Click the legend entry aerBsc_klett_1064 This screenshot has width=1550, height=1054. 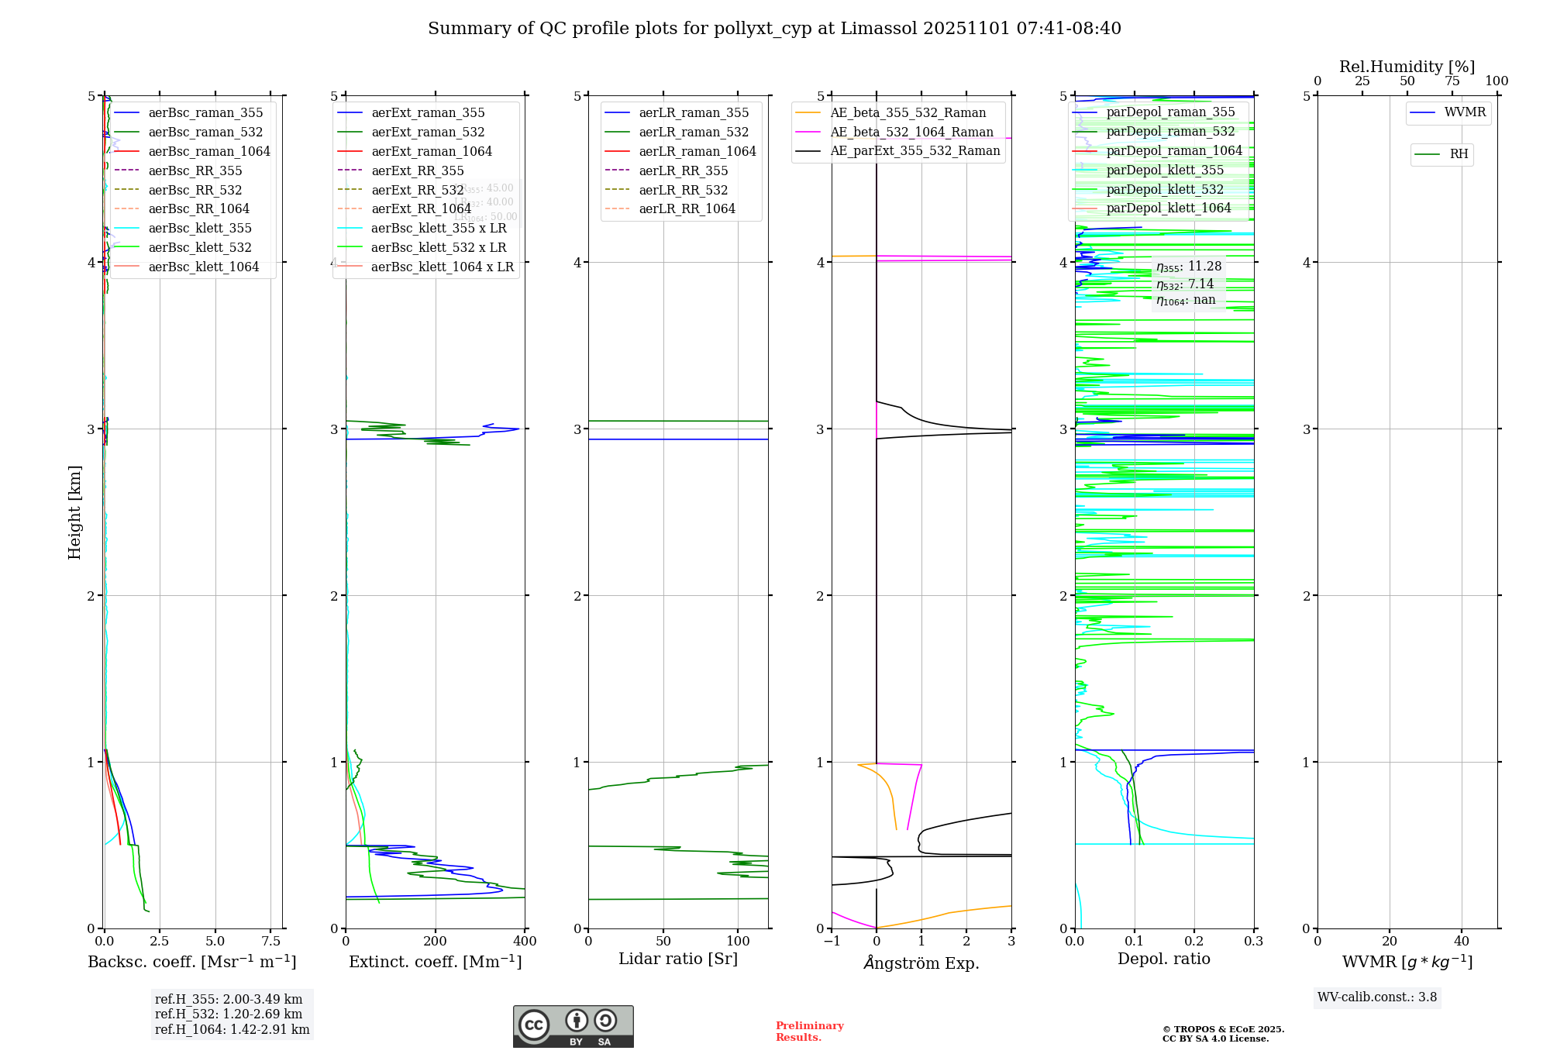pos(203,267)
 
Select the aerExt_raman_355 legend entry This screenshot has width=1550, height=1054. pos(428,112)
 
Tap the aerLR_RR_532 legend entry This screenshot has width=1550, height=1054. pos(683,190)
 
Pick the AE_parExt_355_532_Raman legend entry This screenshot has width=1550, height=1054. pos(914,150)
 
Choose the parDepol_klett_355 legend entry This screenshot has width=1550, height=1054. pos(1164,170)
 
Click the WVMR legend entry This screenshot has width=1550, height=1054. pos(1464,112)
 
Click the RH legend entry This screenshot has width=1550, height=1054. pos(1458,154)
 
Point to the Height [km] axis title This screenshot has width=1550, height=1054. pos(74,512)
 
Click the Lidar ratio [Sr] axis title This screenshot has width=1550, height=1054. pos(677,959)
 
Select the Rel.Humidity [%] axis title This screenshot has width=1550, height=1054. pos(1407,67)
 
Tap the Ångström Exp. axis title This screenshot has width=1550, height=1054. pos(921,963)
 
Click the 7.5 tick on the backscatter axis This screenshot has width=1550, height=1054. pos(270,941)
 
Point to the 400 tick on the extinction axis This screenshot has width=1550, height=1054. pos(525,941)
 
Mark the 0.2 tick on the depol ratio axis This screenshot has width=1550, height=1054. pos(1194,941)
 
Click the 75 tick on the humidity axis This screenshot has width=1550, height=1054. pos(1452,81)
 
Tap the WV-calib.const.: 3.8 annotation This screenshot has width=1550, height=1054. pos(1376,997)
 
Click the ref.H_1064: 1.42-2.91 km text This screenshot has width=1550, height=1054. pos(232,1029)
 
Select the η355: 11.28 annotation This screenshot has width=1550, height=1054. pos(1188,267)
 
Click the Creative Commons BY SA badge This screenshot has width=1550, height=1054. pos(573,1026)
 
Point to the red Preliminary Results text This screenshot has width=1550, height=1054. pos(809,1031)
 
